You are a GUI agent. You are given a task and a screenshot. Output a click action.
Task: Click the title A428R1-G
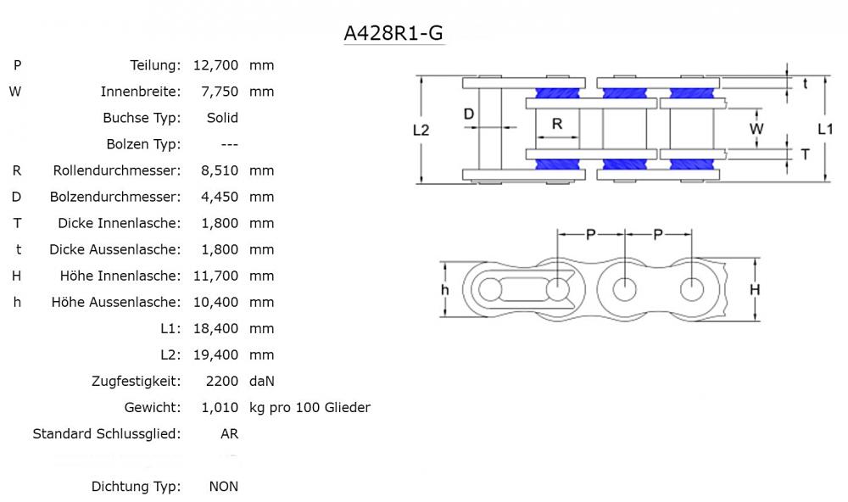click(393, 33)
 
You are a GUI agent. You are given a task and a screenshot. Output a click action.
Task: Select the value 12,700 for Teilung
click(216, 65)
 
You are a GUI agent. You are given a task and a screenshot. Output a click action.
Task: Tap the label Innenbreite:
click(141, 92)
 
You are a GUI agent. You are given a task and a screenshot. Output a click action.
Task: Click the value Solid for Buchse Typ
click(222, 118)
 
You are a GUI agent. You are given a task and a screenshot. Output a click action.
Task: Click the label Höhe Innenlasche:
click(120, 276)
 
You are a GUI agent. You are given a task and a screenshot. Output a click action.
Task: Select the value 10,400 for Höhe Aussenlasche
click(216, 302)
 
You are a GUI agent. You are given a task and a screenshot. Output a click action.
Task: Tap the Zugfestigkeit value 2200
click(223, 382)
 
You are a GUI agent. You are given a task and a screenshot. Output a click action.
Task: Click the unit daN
click(262, 382)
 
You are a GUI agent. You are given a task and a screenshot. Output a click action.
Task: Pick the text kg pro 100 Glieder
click(310, 408)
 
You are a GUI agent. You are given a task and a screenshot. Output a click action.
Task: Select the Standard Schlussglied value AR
click(229, 434)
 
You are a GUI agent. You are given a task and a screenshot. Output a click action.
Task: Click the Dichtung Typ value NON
click(224, 487)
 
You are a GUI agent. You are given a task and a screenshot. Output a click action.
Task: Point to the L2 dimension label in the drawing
click(421, 130)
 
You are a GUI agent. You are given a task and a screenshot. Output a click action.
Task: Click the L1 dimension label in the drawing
click(825, 129)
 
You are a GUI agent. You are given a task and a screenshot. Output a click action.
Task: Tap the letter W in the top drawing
click(757, 129)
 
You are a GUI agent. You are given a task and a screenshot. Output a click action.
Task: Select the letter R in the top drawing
click(557, 124)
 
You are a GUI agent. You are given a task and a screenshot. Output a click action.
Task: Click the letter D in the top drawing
click(468, 114)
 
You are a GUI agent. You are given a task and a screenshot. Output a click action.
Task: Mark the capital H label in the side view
click(755, 290)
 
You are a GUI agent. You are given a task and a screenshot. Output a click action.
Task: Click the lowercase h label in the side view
click(444, 290)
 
